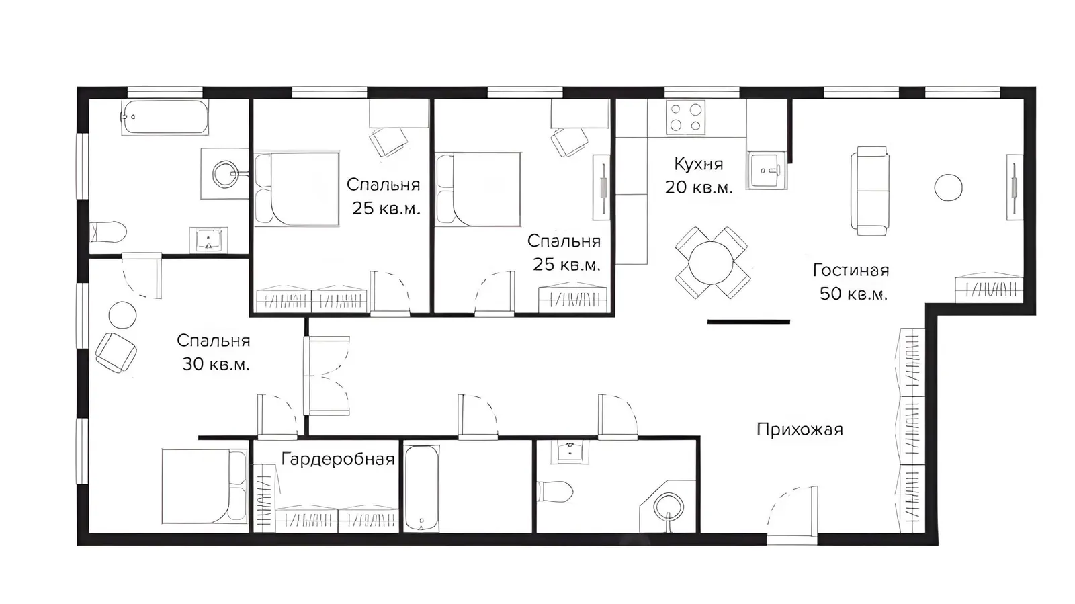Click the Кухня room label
coord(698,164)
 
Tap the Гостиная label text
coord(851,271)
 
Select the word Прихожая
coord(800,429)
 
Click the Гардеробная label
coord(338,460)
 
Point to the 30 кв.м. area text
coord(216,365)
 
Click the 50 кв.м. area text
coord(853,294)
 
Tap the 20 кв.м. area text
coord(699,187)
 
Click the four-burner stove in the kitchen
coord(685,118)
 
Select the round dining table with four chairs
coord(712,263)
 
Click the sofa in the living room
coord(869,191)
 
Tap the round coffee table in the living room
coord(948,187)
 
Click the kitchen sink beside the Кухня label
coord(767,170)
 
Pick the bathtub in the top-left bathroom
coord(165,117)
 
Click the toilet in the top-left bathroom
coord(108,232)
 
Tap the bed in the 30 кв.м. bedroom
coord(204,486)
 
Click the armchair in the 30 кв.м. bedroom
coord(116,353)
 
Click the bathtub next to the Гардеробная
coord(421,488)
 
